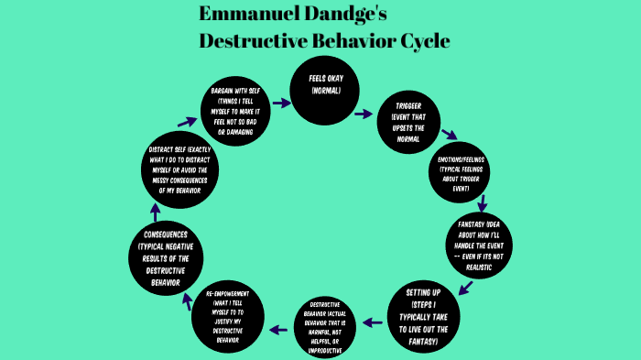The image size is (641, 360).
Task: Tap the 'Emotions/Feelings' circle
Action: coord(462,174)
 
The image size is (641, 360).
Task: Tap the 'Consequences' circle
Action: coord(166,257)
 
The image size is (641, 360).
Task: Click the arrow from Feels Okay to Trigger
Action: coord(364,115)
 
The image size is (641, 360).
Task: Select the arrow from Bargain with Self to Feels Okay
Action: coord(281,103)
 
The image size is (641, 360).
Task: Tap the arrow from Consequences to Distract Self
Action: coord(155,213)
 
